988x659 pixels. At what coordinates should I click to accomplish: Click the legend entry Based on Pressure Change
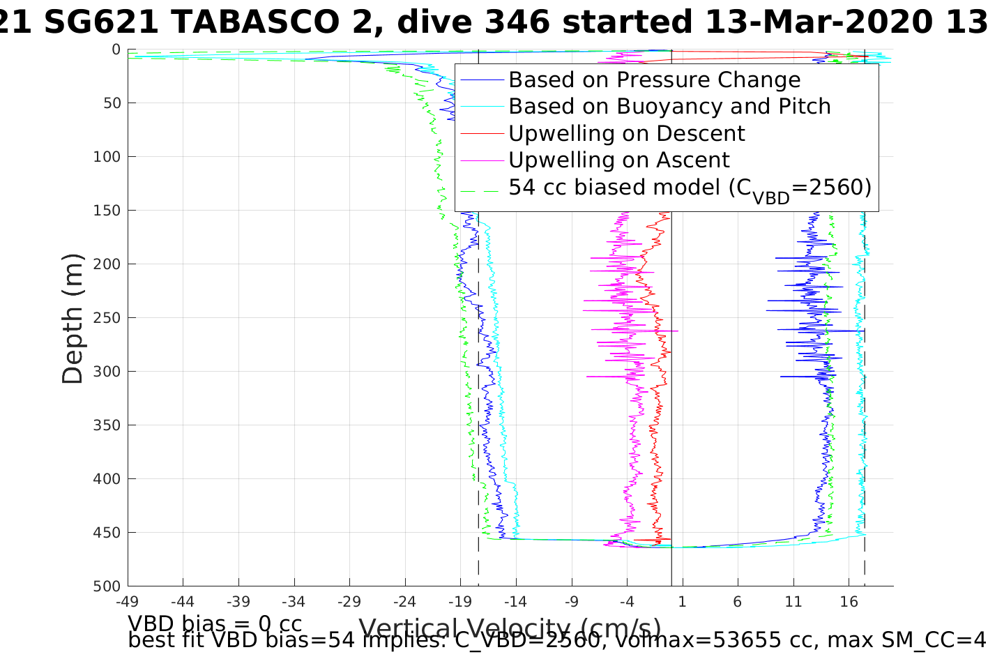coord(654,80)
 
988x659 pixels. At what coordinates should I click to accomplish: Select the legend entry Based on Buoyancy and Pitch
coord(669,107)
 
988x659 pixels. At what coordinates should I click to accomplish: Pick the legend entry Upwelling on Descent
coord(626,133)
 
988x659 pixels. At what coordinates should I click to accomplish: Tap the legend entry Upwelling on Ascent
coord(618,160)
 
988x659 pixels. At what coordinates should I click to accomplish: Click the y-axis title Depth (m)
coord(73,318)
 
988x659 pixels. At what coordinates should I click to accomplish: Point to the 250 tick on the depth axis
coord(107,318)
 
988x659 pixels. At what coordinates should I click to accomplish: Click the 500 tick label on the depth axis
coord(107,586)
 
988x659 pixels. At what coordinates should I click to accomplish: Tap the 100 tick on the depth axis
coord(107,157)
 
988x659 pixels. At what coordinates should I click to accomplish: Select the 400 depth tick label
coord(107,479)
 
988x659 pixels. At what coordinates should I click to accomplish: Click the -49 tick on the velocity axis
coord(128,601)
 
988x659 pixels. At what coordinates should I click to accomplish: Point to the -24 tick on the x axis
coord(404,601)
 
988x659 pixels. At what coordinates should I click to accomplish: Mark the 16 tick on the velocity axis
coord(849,601)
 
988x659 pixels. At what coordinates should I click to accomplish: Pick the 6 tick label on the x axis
coord(738,601)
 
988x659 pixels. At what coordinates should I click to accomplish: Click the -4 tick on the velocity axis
coord(626,601)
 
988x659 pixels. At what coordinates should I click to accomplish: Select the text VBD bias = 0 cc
coord(215,623)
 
